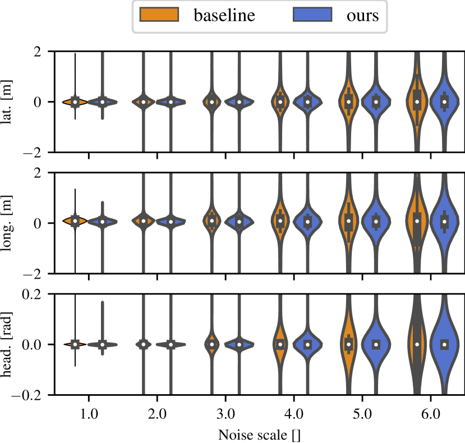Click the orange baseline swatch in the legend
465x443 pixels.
[x=158, y=15]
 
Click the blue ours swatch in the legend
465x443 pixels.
[x=312, y=15]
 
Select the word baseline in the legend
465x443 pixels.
[x=224, y=15]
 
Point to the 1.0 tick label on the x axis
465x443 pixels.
[x=89, y=416]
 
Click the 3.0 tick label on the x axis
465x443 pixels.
[x=225, y=416]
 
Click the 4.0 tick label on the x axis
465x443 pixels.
[x=294, y=416]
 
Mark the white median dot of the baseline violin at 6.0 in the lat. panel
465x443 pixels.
[x=417, y=102]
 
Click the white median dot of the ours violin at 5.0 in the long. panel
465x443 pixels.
[x=376, y=221]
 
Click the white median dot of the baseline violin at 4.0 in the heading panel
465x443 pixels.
[x=280, y=344]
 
